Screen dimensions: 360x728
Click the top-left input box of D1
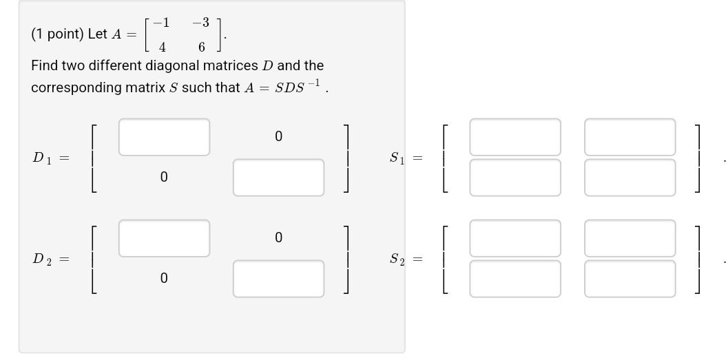[x=164, y=137]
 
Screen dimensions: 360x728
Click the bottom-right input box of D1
[x=278, y=178]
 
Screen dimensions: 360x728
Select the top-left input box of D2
[x=164, y=238]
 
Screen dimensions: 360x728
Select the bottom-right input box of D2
[x=278, y=279]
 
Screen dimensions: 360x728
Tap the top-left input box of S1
[x=515, y=137]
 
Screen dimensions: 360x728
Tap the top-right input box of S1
[x=630, y=137]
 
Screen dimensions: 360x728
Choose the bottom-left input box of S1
[x=515, y=178]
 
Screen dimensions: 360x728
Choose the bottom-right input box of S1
[x=630, y=178]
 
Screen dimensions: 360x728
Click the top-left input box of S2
[x=515, y=238]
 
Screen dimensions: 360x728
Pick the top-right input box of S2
[x=630, y=238]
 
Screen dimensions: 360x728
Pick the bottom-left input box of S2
[x=515, y=279]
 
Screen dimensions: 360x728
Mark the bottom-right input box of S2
[x=630, y=279]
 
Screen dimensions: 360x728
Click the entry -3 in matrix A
[x=200, y=23]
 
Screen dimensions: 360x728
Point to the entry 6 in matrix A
[x=202, y=47]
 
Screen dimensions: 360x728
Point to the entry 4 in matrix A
[x=162, y=47]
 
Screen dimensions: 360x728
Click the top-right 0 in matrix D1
[x=278, y=136]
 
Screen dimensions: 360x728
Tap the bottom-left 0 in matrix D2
[x=163, y=278]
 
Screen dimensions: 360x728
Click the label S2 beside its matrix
[x=397, y=260]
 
